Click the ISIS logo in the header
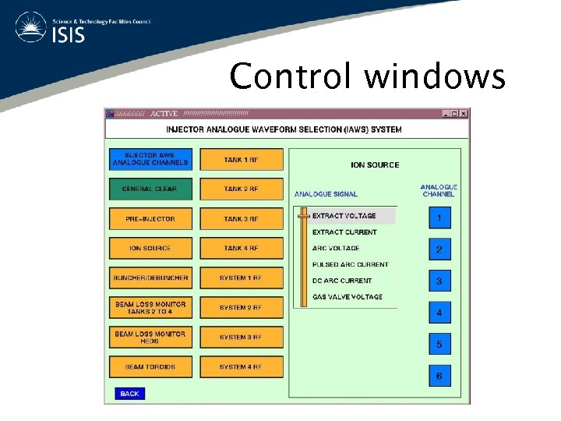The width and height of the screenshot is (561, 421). (x=51, y=27)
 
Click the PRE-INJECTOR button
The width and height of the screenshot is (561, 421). (x=150, y=219)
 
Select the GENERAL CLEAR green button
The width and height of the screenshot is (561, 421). (x=150, y=189)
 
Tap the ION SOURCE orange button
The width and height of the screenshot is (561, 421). (x=150, y=249)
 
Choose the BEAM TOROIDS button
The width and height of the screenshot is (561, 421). (x=150, y=367)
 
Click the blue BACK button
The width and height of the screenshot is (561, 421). (x=129, y=394)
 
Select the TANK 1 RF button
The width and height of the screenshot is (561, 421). (x=241, y=160)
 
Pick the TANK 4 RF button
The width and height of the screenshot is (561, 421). (x=241, y=249)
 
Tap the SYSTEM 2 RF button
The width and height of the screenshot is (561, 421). (x=241, y=308)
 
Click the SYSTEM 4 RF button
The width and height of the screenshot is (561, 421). (x=241, y=367)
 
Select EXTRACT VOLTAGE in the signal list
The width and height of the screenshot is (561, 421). (x=344, y=216)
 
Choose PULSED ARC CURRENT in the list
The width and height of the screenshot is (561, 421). (x=350, y=264)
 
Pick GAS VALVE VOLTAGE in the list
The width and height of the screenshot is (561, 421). (x=347, y=297)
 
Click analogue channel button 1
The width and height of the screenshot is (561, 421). (x=439, y=218)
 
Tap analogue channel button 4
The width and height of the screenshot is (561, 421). (x=439, y=313)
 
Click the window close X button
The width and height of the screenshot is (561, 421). (x=464, y=114)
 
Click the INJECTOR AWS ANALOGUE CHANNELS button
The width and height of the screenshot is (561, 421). (x=150, y=160)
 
